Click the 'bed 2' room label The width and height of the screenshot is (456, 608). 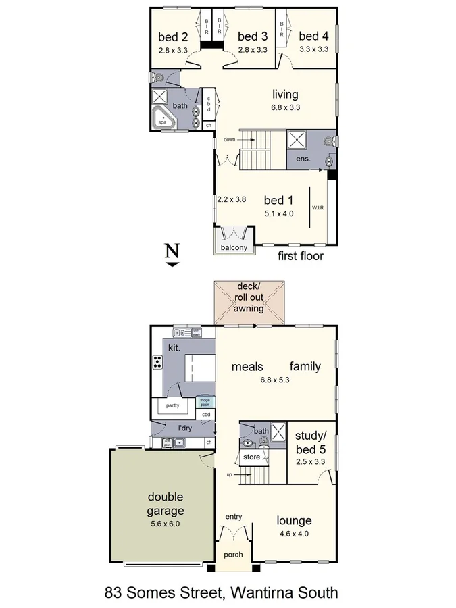pos(172,36)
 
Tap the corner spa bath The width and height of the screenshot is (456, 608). pos(163,119)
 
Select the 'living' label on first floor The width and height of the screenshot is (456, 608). pos(285,94)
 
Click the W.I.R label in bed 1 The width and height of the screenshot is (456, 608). pos(318,208)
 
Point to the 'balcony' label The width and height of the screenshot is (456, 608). pos(234,248)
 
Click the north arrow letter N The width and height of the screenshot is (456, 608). pos(173,252)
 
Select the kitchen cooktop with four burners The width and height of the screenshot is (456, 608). pos(157,362)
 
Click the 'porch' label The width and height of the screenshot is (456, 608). pos(234,555)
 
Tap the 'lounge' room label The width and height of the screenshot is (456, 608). pos(295,520)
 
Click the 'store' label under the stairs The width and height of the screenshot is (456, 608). pos(252,457)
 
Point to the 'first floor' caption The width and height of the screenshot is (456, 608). pos(301,256)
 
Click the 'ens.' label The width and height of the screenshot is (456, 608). pos(303,159)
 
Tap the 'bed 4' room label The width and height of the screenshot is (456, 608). pos(313,36)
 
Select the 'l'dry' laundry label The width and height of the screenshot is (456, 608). pos(185,428)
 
